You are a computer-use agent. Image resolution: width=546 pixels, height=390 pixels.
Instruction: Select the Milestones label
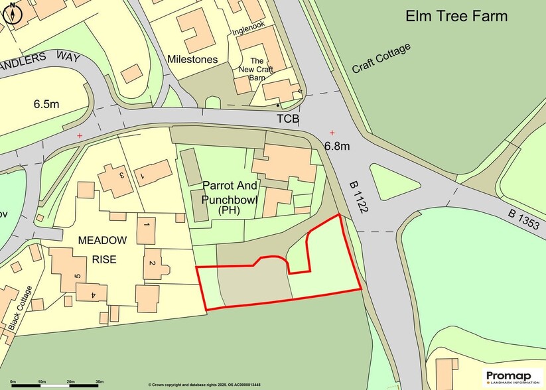point(192,60)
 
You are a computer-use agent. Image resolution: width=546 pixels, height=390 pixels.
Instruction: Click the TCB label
point(288,119)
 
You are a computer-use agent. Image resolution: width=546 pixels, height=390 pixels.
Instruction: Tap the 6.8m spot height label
point(338,145)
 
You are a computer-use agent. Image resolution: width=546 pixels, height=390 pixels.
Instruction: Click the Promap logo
point(512,377)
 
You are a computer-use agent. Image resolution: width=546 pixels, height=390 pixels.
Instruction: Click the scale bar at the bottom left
point(56,383)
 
